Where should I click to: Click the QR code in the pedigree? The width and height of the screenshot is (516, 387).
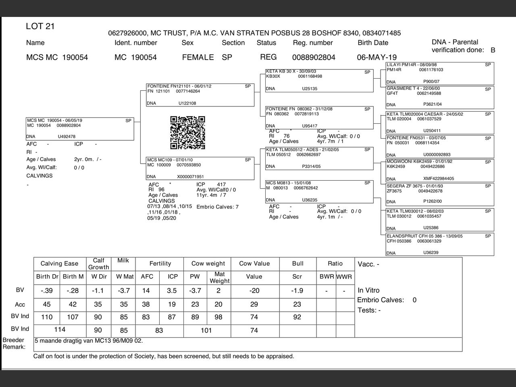(187, 133)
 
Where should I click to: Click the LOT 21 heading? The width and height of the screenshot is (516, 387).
(40, 27)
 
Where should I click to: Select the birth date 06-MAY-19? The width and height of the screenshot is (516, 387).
(377, 57)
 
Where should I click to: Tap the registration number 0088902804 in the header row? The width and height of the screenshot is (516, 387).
(314, 57)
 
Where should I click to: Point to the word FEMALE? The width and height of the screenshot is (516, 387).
(198, 57)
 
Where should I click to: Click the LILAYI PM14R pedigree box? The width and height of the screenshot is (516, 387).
(440, 73)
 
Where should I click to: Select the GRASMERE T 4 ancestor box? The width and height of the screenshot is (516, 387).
(440, 97)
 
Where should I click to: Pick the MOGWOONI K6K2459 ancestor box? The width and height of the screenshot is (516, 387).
(440, 170)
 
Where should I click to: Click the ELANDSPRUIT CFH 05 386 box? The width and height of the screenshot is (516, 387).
(440, 244)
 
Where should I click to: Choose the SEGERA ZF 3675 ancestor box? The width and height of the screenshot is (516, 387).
(440, 194)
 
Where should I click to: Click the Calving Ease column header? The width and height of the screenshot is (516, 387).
(59, 264)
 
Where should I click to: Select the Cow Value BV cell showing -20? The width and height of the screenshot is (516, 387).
(254, 291)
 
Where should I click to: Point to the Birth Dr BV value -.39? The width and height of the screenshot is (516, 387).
(47, 291)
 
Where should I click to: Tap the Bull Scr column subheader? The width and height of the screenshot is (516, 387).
(298, 277)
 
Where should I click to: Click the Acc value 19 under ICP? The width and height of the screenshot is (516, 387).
(172, 304)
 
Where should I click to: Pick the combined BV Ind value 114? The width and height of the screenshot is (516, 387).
(60, 330)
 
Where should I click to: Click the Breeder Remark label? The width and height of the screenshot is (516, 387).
(14, 343)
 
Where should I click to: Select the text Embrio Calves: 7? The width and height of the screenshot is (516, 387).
(217, 207)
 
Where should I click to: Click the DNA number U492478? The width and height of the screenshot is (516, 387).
(67, 137)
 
